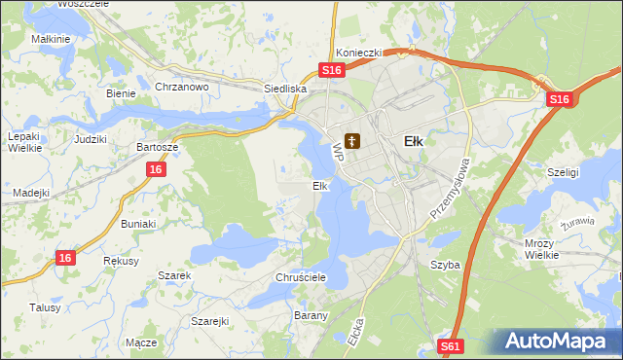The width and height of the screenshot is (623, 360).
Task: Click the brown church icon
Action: coord(352,141)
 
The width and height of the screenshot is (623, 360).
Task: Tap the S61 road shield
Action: coord(450,346)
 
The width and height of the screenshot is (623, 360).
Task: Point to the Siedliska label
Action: coord(286,89)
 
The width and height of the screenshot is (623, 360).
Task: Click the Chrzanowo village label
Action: coord(182,87)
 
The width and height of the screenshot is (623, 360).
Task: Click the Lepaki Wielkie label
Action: coord(23,142)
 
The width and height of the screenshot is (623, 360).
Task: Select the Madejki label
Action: coord(31,193)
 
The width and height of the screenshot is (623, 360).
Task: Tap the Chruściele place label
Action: coord(299,277)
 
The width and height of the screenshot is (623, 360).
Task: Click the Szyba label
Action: coord(445,265)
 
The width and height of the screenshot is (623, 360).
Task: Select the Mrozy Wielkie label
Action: coord(538,248)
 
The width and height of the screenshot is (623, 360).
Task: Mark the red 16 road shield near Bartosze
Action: coord(156,169)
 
